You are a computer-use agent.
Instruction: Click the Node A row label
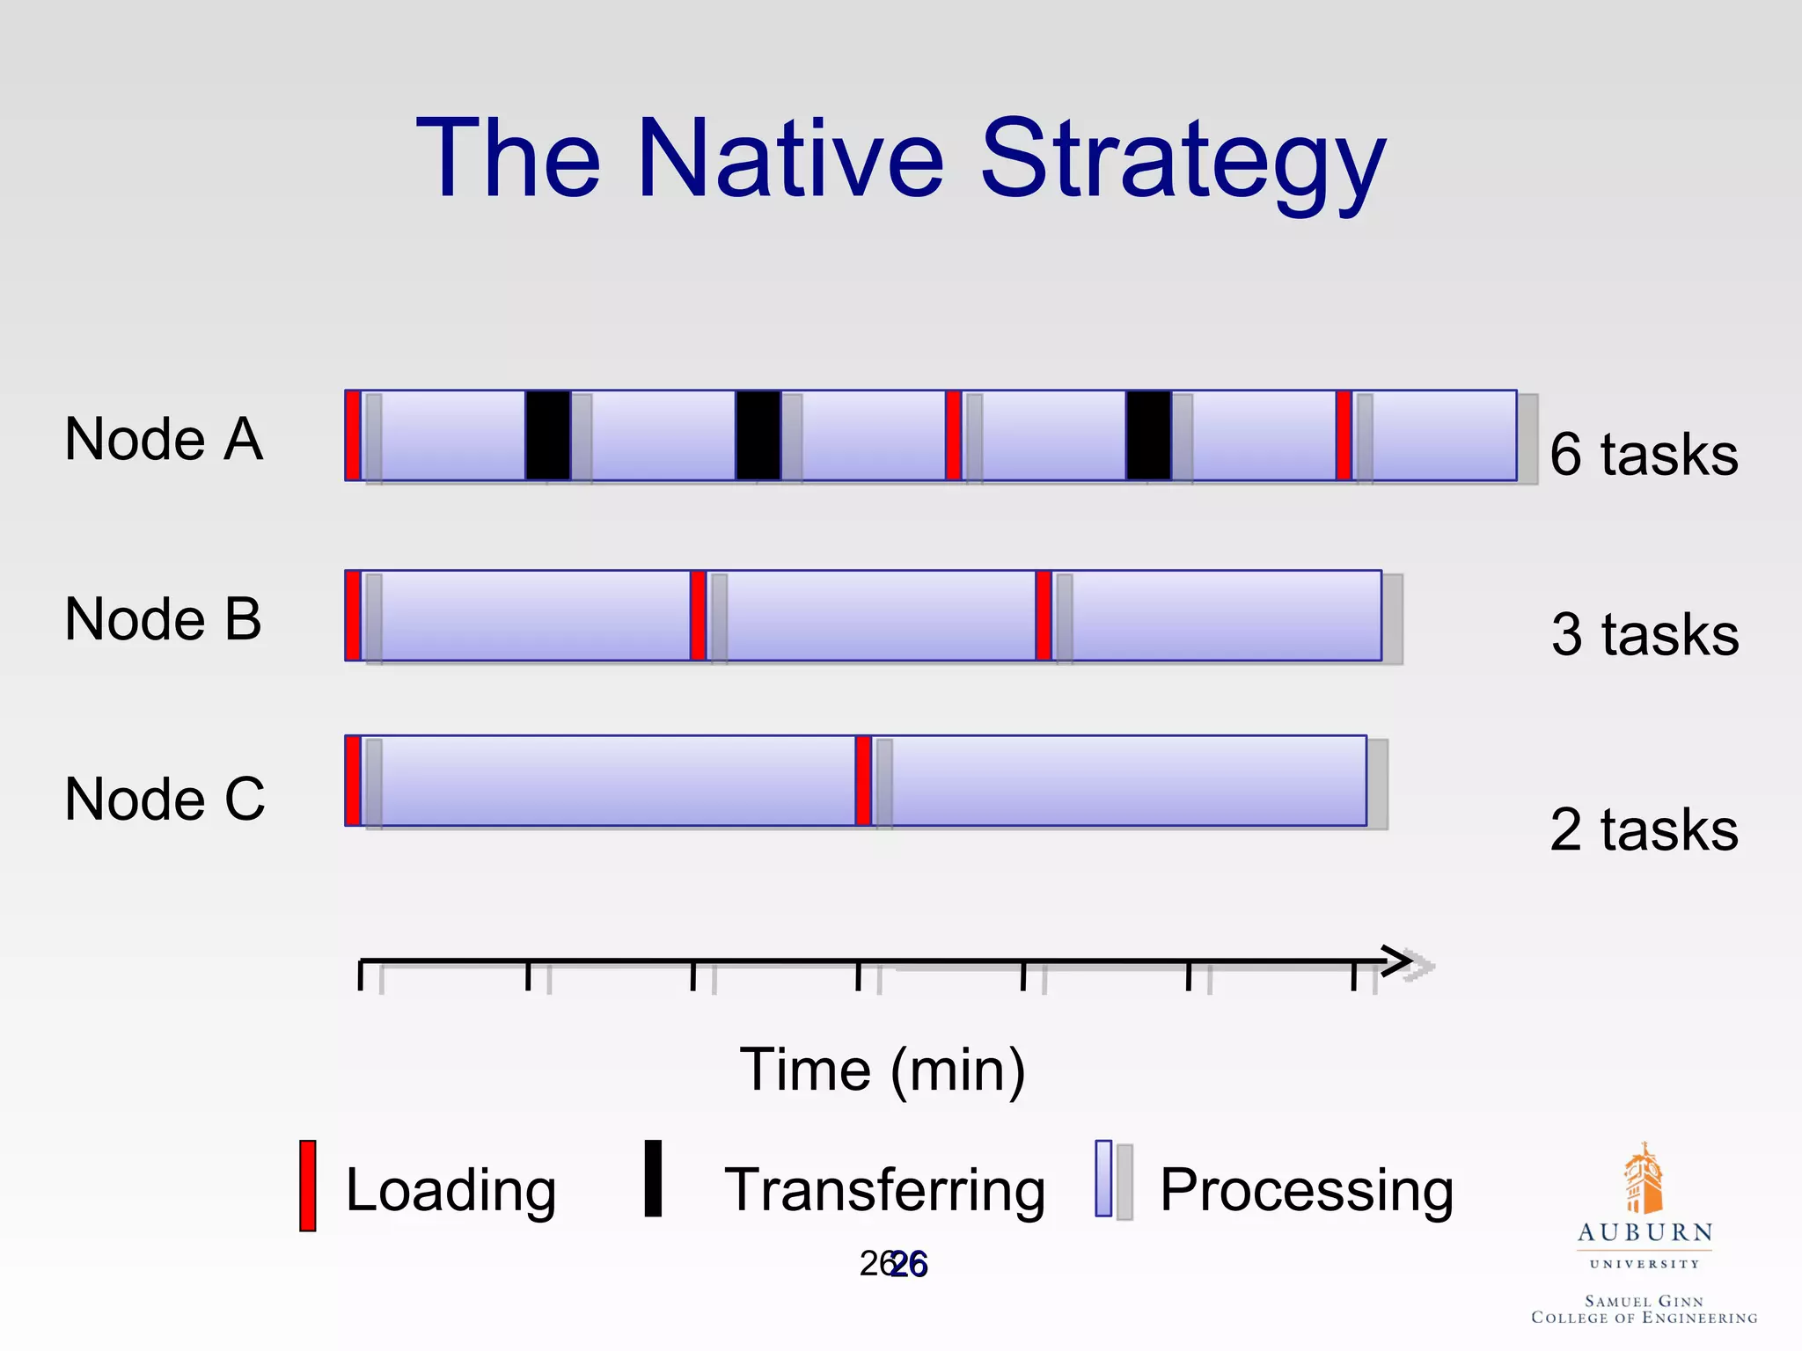[x=164, y=439]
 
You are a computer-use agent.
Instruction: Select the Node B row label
[x=164, y=619]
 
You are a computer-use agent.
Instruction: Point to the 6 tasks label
[x=1643, y=455]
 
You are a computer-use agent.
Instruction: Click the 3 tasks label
[x=1644, y=634]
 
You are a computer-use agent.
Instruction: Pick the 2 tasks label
[x=1643, y=829]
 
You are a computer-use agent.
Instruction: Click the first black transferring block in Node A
[x=547, y=435]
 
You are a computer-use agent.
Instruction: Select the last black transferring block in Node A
[x=1148, y=435]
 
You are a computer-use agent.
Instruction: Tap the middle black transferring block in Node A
[x=758, y=435]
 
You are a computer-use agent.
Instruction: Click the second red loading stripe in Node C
[x=863, y=781]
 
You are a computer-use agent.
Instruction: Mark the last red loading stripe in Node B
[x=1044, y=616]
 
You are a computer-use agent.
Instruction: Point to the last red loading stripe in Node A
[x=1343, y=435]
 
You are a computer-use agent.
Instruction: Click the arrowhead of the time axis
[x=1399, y=961]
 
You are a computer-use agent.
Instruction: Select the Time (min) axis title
[x=883, y=1070]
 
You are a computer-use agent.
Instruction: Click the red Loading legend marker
[x=308, y=1186]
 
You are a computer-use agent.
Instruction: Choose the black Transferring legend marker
[x=653, y=1179]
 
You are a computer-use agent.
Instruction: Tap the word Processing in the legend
[x=1306, y=1191]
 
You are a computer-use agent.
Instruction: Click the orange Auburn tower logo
[x=1643, y=1179]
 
